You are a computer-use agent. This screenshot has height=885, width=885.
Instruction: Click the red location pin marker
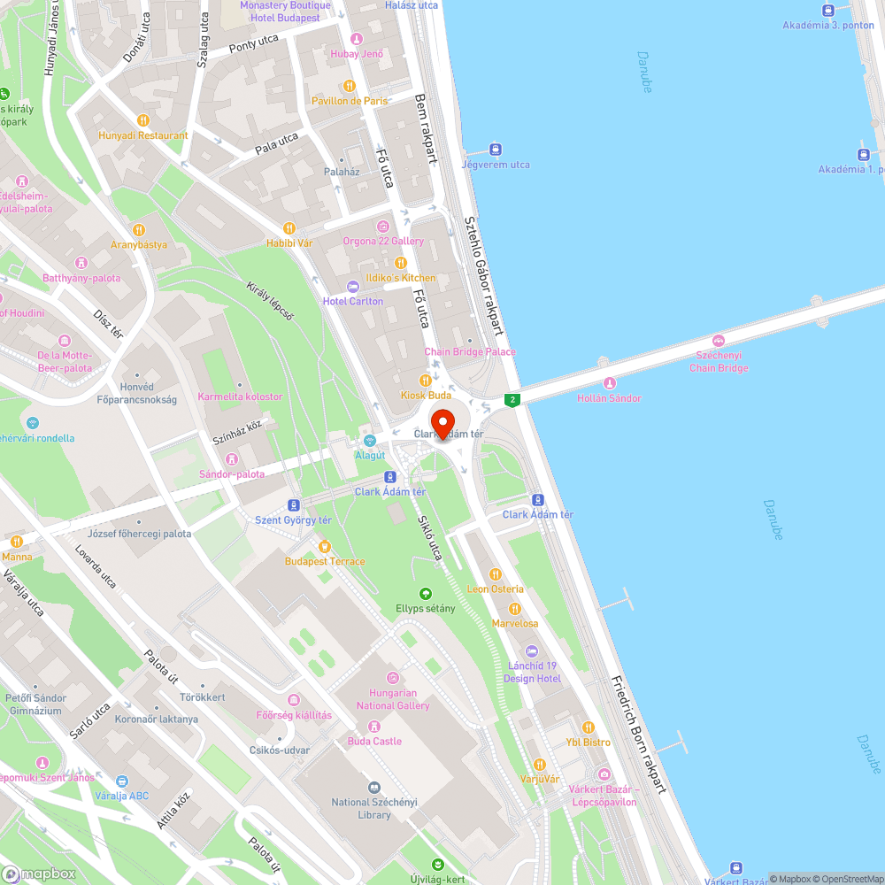[442, 419]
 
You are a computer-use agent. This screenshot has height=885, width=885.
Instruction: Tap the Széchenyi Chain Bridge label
[719, 361]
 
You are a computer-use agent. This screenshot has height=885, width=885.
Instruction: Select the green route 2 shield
[511, 400]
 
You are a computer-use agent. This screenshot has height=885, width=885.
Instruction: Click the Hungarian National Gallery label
[393, 699]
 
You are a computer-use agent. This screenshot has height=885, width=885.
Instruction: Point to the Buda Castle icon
[373, 726]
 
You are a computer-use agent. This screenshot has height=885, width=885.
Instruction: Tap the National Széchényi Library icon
[373, 787]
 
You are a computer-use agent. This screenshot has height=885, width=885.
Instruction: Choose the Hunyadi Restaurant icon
[143, 120]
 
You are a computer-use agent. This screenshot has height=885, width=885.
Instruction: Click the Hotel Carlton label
[353, 301]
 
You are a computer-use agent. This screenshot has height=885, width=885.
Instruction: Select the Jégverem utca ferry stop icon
[496, 150]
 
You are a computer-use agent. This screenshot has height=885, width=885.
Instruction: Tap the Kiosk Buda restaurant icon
[425, 381]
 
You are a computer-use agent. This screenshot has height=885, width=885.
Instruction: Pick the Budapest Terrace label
[325, 561]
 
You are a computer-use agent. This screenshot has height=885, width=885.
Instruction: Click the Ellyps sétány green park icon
[426, 593]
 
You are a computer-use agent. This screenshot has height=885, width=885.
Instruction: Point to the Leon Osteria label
[496, 589]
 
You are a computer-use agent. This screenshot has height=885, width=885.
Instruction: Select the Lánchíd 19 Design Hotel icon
[533, 651]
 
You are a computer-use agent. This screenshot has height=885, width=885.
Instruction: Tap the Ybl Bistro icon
[589, 727]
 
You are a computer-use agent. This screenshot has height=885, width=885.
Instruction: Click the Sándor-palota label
[232, 473]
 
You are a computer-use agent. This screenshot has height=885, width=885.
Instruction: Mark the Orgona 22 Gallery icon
[382, 226]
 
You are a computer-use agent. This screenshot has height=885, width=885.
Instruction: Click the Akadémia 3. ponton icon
[828, 10]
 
